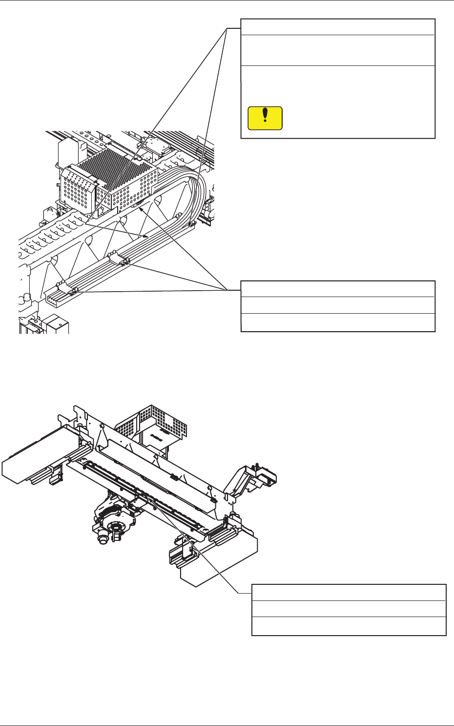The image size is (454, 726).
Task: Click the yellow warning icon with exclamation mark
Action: tap(265, 118)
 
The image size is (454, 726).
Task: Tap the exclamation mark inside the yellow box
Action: tap(265, 115)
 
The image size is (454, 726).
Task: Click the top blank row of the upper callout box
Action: tap(337, 27)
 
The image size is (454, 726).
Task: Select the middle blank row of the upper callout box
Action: tap(337, 50)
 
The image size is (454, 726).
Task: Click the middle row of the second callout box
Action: tap(337, 305)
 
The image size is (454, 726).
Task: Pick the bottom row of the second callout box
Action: tap(337, 322)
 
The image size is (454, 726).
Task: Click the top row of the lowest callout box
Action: tap(349, 593)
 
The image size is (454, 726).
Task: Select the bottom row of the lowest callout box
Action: tap(349, 626)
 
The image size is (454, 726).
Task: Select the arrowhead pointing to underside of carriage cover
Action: tap(141, 209)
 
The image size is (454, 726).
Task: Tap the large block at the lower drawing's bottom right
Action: tap(220, 562)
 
